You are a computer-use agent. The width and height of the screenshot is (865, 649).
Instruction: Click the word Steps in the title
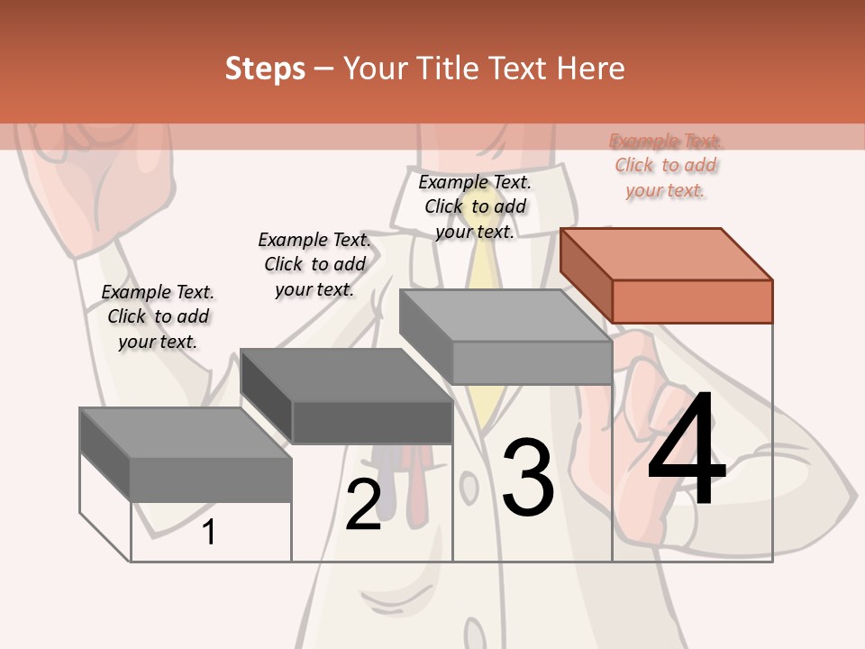click(x=264, y=69)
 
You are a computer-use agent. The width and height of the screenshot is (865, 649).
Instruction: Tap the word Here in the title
click(x=590, y=69)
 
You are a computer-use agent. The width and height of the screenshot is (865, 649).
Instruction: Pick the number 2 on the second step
click(x=363, y=505)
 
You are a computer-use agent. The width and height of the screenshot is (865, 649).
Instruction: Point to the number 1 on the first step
click(x=208, y=532)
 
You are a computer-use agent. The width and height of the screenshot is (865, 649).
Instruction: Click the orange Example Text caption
click(x=666, y=165)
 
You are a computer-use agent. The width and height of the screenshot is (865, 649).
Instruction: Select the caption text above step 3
click(x=475, y=206)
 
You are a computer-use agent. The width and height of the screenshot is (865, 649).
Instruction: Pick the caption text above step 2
click(x=314, y=264)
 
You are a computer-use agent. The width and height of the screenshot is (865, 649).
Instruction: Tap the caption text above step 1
click(x=158, y=316)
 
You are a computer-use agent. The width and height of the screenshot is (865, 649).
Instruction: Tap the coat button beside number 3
click(x=469, y=487)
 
